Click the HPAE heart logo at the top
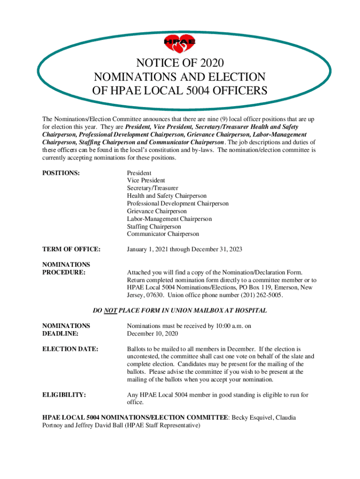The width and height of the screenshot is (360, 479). tap(180, 44)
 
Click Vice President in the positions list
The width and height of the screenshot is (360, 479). tap(146, 181)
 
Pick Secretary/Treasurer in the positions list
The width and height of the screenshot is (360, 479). tap(152, 188)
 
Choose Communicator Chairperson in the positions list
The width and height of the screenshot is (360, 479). tap(163, 234)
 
